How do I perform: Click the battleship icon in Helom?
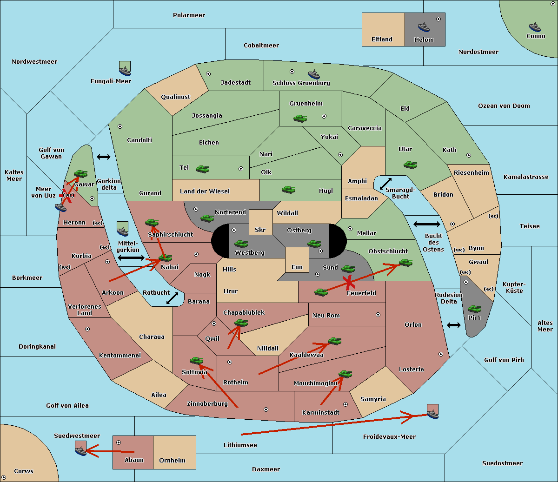pos(424,27)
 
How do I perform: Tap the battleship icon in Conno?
pos(535,27)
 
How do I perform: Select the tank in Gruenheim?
pos(300,118)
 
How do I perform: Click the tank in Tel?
pos(202,169)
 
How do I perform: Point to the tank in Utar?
pos(410,165)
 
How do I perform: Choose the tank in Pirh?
pos(474,309)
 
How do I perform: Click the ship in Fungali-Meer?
pos(125,68)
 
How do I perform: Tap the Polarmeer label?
pos(189,15)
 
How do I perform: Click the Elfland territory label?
pos(382,40)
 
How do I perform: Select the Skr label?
pos(260,230)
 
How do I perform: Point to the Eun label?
pos(297,267)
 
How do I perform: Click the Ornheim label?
pos(172,461)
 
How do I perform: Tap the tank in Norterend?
pos(207,218)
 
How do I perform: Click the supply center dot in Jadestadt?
pos(208,74)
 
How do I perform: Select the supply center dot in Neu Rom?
pos(378,315)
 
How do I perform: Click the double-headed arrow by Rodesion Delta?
pos(454,325)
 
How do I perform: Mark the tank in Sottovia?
pos(197,361)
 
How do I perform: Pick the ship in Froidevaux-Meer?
pos(432,411)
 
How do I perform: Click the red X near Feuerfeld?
pos(349,282)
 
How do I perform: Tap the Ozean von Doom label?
pos(504,106)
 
